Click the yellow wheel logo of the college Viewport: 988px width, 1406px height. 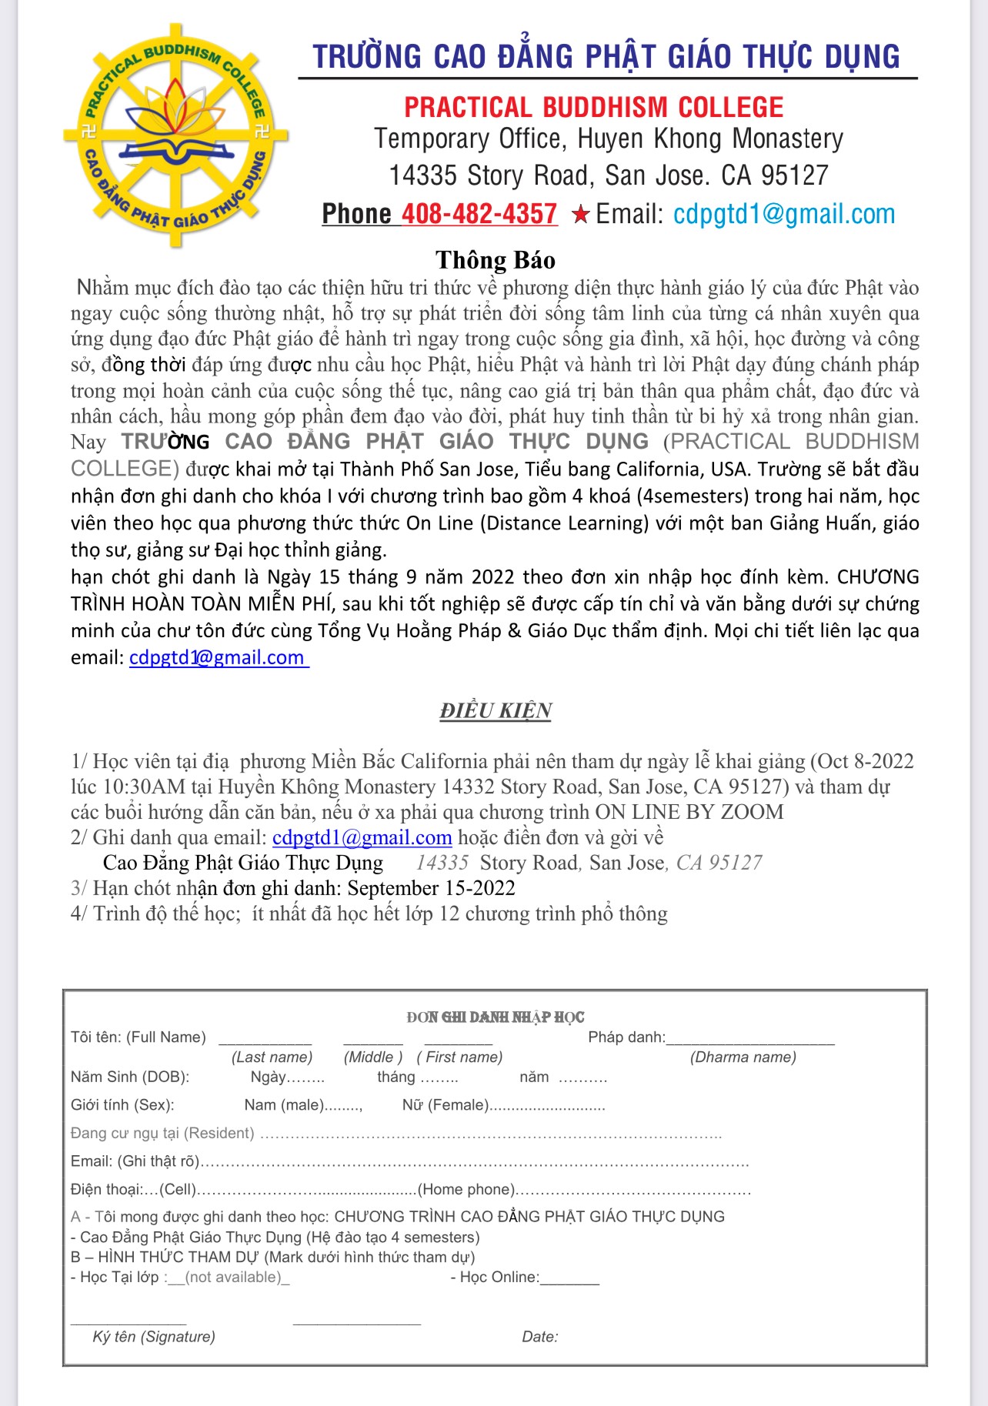(x=176, y=135)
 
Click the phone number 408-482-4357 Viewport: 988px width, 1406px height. (x=479, y=214)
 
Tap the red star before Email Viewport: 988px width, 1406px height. (x=580, y=215)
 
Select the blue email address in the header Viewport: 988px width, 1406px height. (x=783, y=214)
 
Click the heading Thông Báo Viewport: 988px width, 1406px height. (x=495, y=260)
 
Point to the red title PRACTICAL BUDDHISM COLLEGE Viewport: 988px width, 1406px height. (x=593, y=107)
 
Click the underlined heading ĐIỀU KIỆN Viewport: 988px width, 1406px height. (x=496, y=710)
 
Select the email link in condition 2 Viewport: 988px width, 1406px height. (x=362, y=837)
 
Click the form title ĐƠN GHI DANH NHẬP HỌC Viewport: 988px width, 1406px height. (x=495, y=1017)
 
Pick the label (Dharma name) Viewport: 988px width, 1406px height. (x=743, y=1057)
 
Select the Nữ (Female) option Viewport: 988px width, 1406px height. (x=446, y=1105)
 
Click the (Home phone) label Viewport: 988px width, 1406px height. (x=466, y=1189)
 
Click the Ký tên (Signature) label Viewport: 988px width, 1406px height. (x=154, y=1337)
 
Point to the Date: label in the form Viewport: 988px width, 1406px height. (x=540, y=1337)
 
